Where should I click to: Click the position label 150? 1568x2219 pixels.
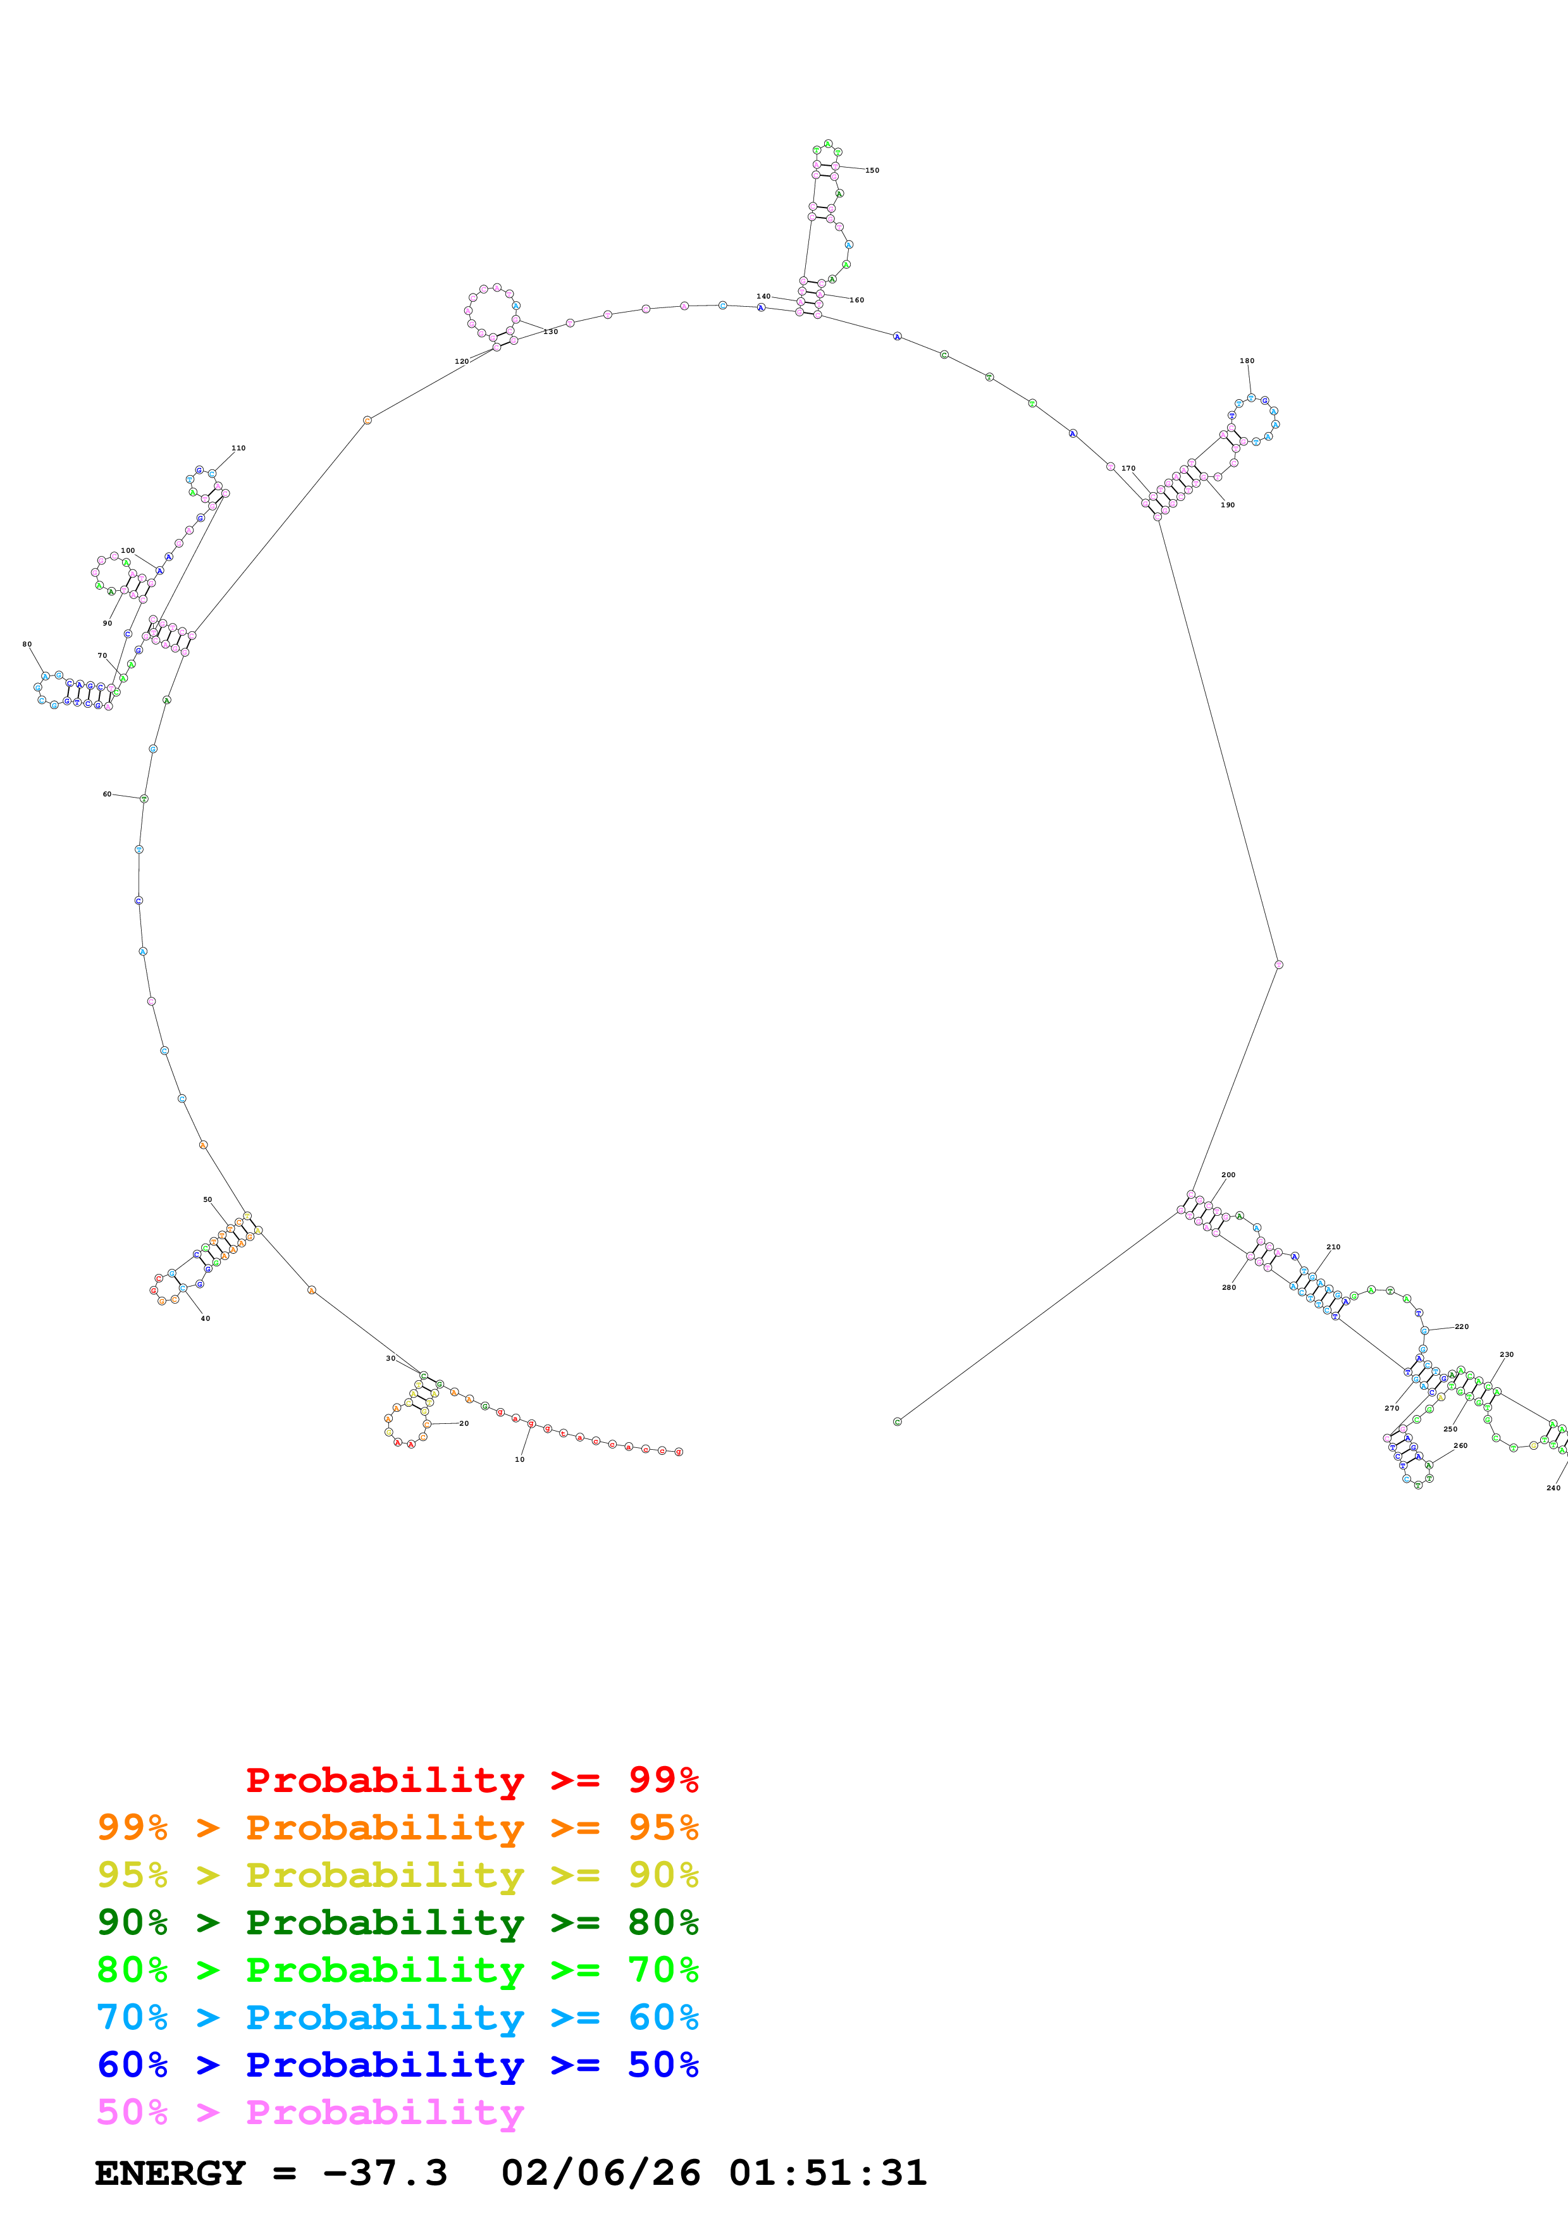[x=872, y=170]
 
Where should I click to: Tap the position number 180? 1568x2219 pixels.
[x=1246, y=361]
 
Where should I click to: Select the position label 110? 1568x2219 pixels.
[x=238, y=447]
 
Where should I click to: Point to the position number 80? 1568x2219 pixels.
[x=27, y=644]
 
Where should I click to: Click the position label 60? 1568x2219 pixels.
[x=108, y=793]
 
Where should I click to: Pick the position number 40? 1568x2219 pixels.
[x=205, y=1318]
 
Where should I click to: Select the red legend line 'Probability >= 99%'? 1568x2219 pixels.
[x=471, y=1779]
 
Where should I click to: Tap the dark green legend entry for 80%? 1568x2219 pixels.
[x=397, y=1922]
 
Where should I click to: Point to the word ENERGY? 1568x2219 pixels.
[x=170, y=2173]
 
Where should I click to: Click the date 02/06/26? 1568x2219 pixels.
[x=600, y=2173]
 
